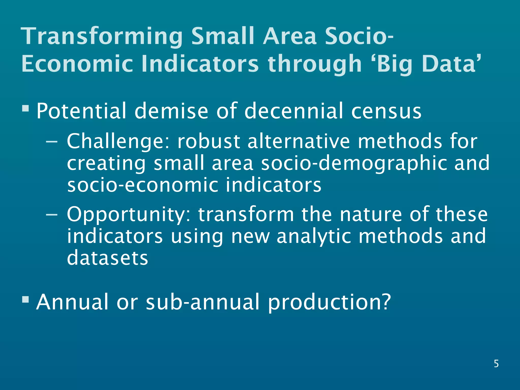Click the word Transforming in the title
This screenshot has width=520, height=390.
tap(102, 37)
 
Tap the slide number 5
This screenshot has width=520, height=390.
tap(496, 364)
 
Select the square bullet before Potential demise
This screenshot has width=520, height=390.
tap(25, 109)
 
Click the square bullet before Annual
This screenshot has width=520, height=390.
tap(25, 300)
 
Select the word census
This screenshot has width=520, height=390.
tap(386, 111)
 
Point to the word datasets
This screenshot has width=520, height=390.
tap(107, 258)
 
